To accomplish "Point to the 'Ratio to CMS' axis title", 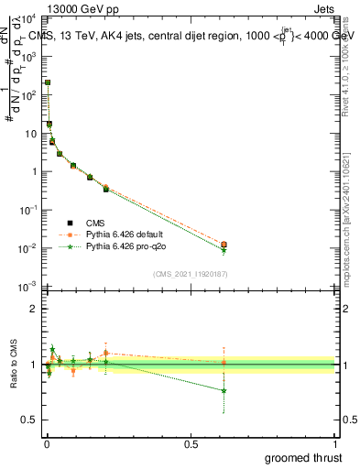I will point(14,365).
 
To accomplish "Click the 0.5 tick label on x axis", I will point(191,443).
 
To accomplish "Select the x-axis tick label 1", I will point(336,443).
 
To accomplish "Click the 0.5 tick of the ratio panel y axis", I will point(29,420).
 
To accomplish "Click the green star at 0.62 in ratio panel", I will point(224,390).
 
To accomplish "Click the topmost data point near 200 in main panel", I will point(47,82).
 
